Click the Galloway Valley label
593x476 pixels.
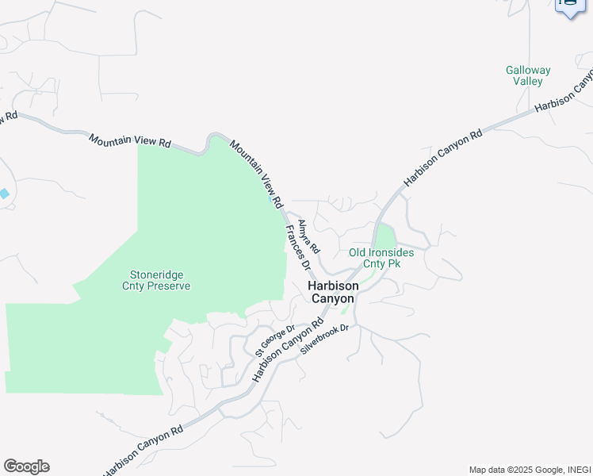click(527, 75)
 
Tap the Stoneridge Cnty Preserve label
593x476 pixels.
click(155, 280)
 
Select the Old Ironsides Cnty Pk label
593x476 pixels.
click(381, 258)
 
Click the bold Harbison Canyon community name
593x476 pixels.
click(332, 292)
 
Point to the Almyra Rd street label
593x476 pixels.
click(308, 236)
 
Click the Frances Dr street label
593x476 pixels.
click(297, 247)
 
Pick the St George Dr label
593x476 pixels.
click(274, 340)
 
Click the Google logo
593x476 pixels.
click(26, 466)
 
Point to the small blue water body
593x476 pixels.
click(4, 194)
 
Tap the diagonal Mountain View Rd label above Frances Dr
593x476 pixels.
click(256, 174)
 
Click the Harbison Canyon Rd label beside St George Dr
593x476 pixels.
click(289, 349)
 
